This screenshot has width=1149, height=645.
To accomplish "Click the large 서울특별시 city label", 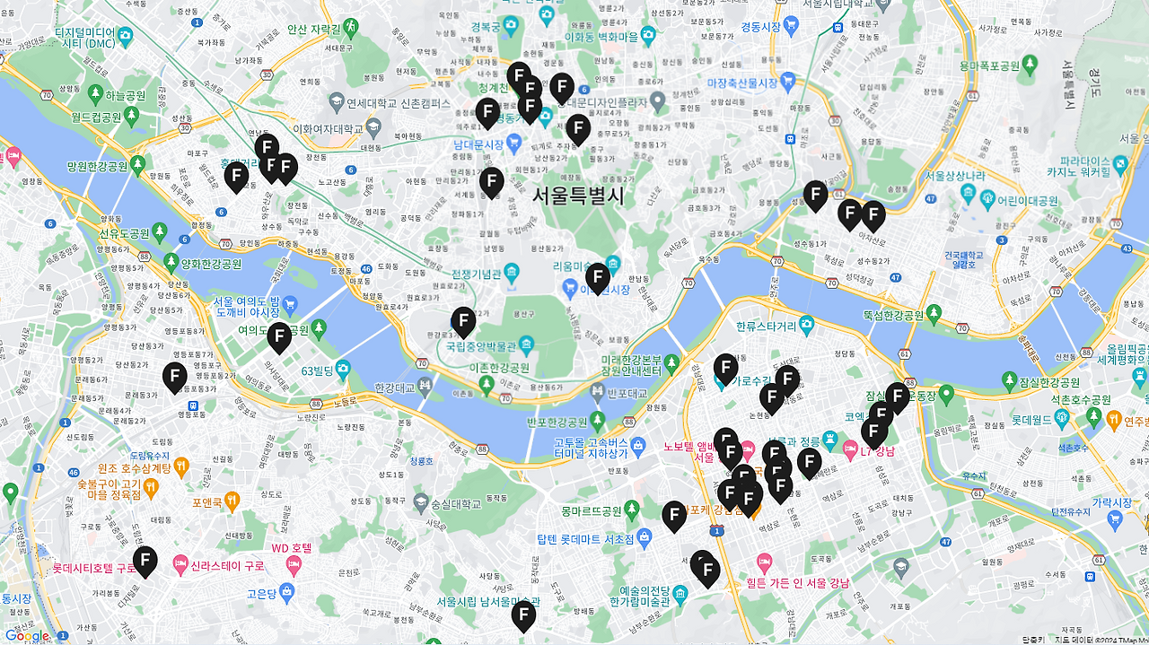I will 577,195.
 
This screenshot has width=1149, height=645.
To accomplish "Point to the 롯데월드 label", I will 1031,419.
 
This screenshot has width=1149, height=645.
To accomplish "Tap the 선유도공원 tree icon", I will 159,233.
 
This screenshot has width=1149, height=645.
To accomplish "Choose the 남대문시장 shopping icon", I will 514,143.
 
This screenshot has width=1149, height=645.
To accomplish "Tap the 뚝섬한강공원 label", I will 893,315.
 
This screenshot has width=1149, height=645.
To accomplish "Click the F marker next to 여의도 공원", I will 279,336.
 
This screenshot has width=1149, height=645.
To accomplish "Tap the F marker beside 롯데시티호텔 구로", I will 145,561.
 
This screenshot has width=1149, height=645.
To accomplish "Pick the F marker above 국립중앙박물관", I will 463,321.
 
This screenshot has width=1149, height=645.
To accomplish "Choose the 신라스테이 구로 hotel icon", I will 180,567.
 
